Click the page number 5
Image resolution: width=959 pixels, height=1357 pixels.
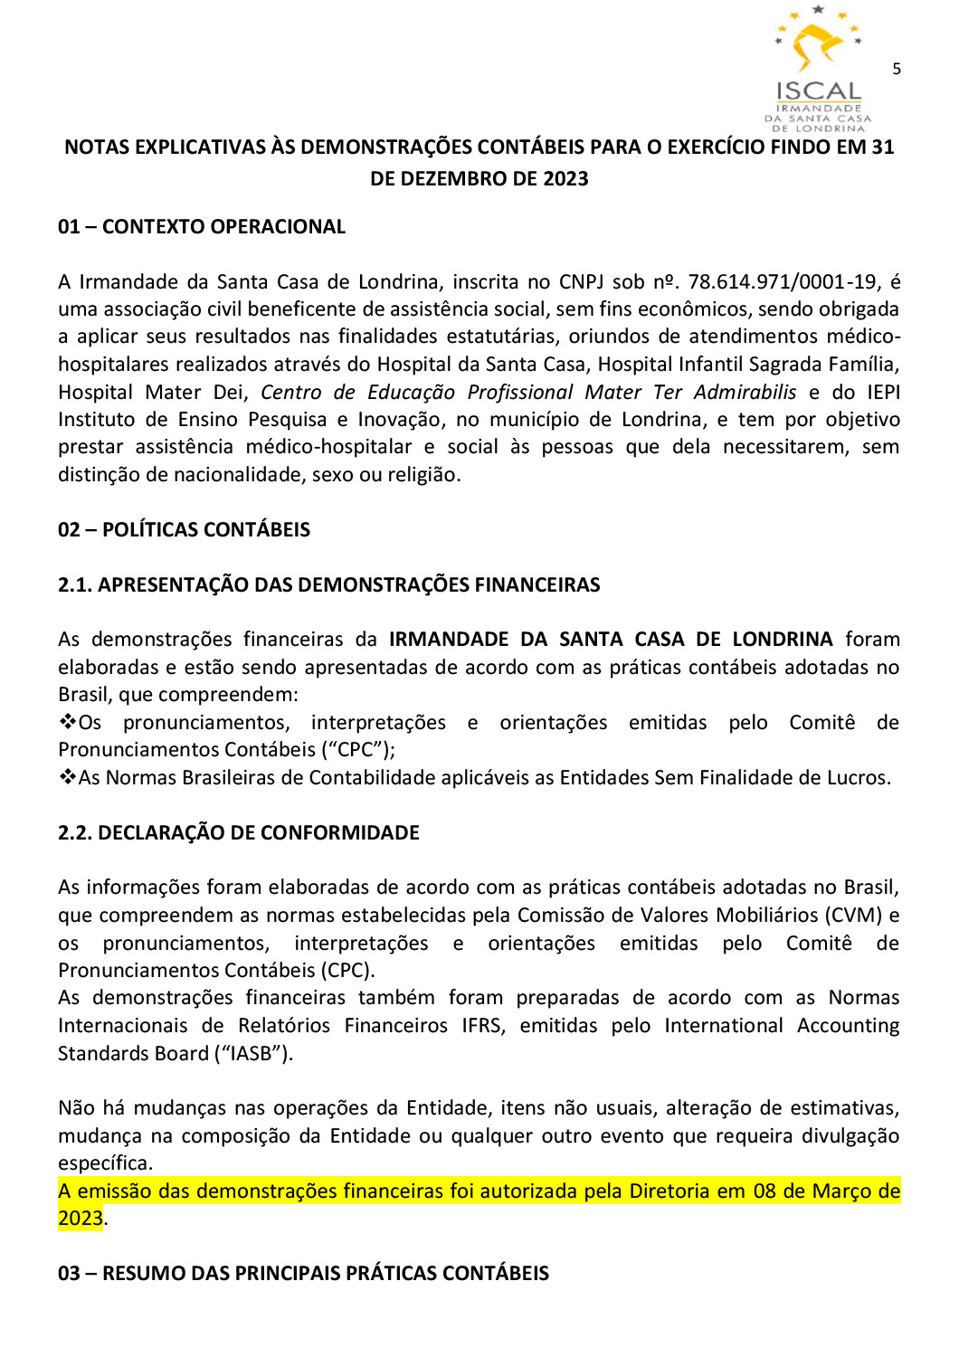point(896,69)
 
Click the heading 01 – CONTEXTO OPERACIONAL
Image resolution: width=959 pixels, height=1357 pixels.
point(201,227)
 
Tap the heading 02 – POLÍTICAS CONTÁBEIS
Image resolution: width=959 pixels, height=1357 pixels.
point(184,530)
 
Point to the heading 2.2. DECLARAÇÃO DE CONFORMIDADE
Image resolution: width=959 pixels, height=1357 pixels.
point(238,833)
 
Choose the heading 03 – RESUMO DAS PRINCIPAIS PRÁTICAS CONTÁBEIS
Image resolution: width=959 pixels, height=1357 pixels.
point(303,1274)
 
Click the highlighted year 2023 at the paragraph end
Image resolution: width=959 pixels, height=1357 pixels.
point(81,1219)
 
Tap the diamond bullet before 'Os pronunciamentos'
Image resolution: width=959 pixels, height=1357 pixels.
point(67,722)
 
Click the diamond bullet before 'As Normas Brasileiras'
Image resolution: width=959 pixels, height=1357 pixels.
point(67,777)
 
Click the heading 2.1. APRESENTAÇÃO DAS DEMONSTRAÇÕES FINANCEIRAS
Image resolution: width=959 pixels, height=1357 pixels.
point(328,585)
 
